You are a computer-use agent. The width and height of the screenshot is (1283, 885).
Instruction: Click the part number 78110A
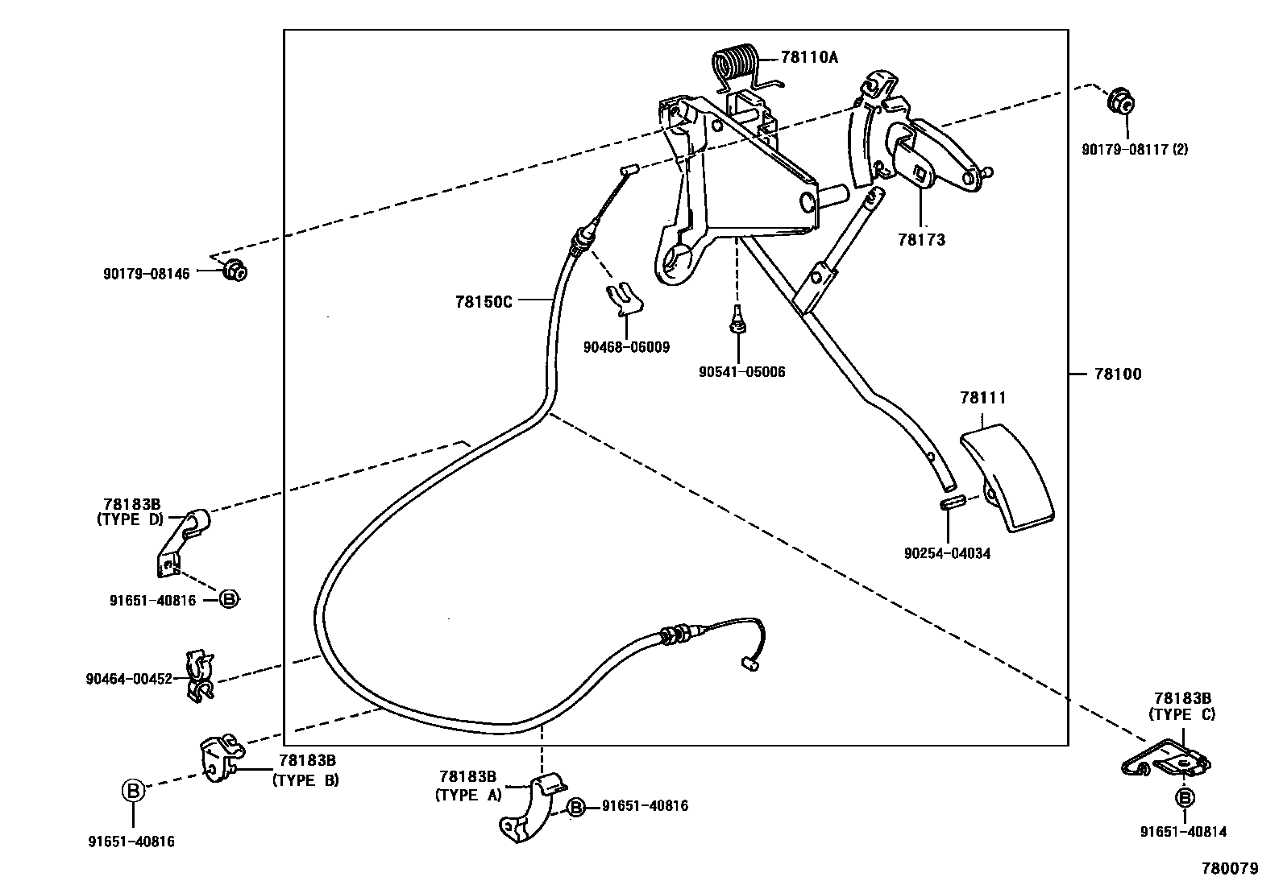[x=809, y=57]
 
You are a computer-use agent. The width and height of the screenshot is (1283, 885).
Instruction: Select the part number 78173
[x=921, y=240]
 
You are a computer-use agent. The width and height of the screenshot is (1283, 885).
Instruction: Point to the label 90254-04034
[x=947, y=553]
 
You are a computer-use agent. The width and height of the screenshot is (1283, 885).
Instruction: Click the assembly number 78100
[x=1118, y=374]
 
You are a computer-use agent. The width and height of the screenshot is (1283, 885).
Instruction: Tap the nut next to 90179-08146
[x=235, y=271]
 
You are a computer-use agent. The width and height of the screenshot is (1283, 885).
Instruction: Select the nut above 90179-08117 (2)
[x=1121, y=102]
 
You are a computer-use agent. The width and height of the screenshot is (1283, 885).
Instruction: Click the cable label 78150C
[x=484, y=301]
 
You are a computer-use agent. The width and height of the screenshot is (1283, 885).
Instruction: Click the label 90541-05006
[x=741, y=372]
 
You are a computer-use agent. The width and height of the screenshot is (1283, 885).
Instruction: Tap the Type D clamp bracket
[x=182, y=543]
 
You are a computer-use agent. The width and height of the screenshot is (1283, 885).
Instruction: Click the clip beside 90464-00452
[x=200, y=676]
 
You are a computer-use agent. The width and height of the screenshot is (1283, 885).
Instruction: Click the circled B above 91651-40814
[x=1184, y=798]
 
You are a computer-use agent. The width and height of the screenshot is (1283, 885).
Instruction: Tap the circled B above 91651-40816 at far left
[x=133, y=790]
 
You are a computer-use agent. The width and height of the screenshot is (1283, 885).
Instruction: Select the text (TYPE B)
[x=305, y=780]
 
